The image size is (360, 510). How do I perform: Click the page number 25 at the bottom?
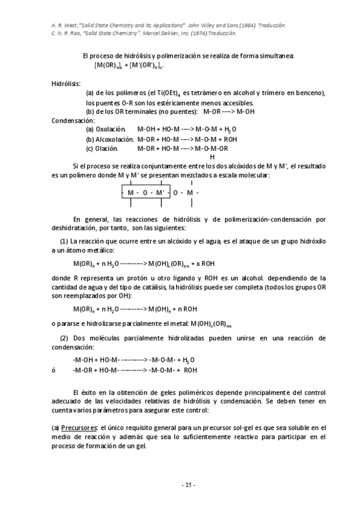click(x=180, y=485)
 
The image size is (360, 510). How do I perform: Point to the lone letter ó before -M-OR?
click(x=54, y=370)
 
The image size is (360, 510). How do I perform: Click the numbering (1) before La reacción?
click(x=63, y=241)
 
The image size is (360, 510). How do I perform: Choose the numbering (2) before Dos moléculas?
click(x=63, y=338)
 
